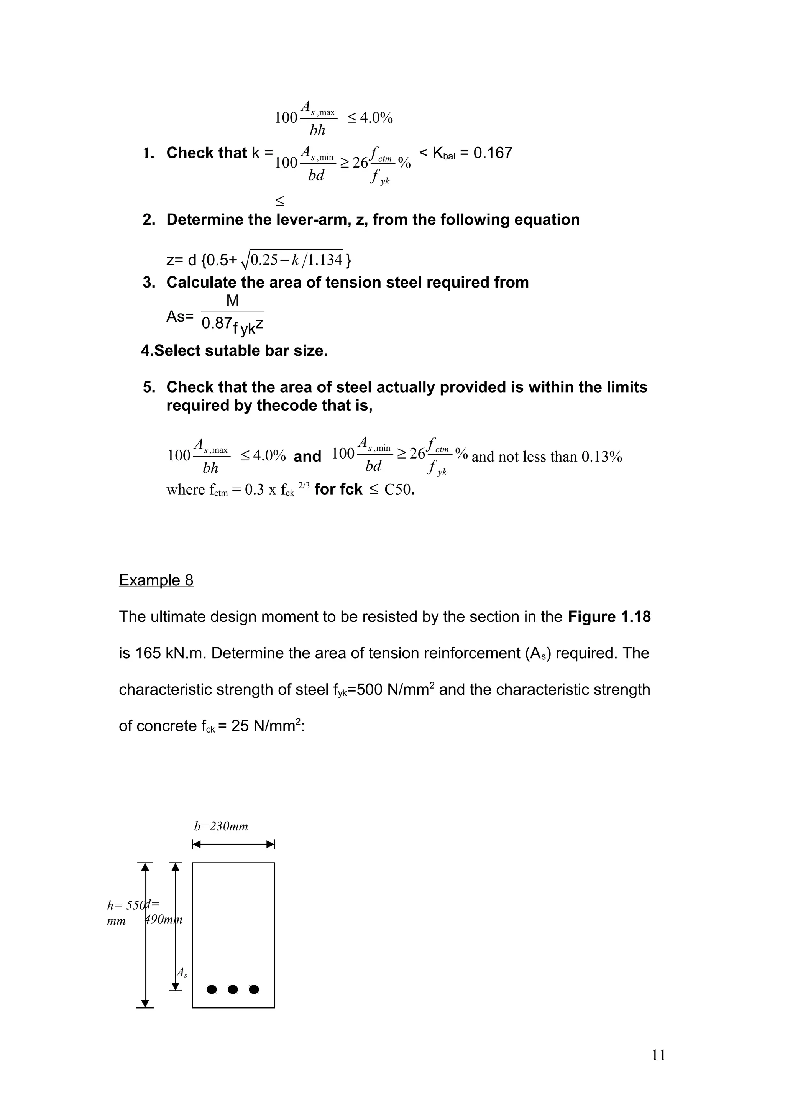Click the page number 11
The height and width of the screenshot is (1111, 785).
(x=659, y=1055)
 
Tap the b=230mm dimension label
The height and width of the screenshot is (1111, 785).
(x=221, y=826)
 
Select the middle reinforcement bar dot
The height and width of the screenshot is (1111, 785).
(x=233, y=989)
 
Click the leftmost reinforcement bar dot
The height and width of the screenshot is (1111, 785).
(x=211, y=989)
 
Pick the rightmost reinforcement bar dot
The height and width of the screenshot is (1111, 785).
(x=254, y=989)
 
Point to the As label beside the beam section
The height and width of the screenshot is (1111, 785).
(x=182, y=973)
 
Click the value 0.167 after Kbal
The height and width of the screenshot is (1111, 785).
(x=493, y=153)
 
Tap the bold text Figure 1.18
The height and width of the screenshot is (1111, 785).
(x=609, y=617)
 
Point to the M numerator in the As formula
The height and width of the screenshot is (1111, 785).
(x=232, y=301)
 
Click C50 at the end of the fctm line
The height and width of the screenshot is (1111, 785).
(x=397, y=490)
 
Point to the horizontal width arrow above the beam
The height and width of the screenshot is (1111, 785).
(x=233, y=845)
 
